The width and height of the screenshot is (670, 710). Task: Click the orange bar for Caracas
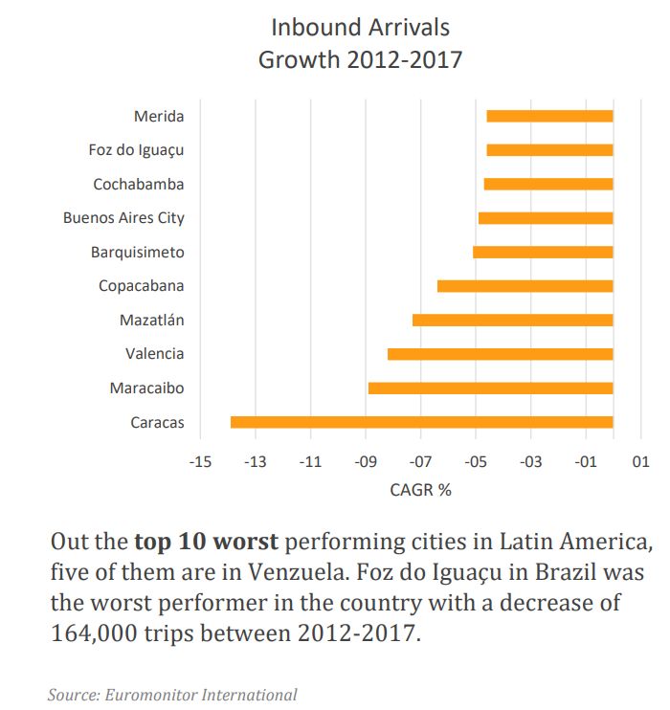coord(421,422)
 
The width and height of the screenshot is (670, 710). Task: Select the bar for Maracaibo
coord(490,388)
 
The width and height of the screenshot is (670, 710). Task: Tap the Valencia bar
coord(500,354)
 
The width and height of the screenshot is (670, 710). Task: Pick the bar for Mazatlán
coord(512,320)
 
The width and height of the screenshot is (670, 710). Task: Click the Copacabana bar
coord(525,286)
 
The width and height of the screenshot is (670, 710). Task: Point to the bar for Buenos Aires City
coord(546,218)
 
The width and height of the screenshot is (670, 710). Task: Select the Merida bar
coord(549,116)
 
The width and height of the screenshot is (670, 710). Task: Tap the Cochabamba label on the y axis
coord(139,184)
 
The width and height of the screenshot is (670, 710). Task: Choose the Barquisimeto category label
coord(138,253)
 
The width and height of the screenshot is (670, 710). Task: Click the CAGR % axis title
coord(420,490)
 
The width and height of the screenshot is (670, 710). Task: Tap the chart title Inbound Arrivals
coord(360,26)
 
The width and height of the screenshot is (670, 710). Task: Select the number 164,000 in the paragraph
coord(93,634)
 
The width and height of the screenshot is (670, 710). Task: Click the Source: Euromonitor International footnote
coord(172,695)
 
